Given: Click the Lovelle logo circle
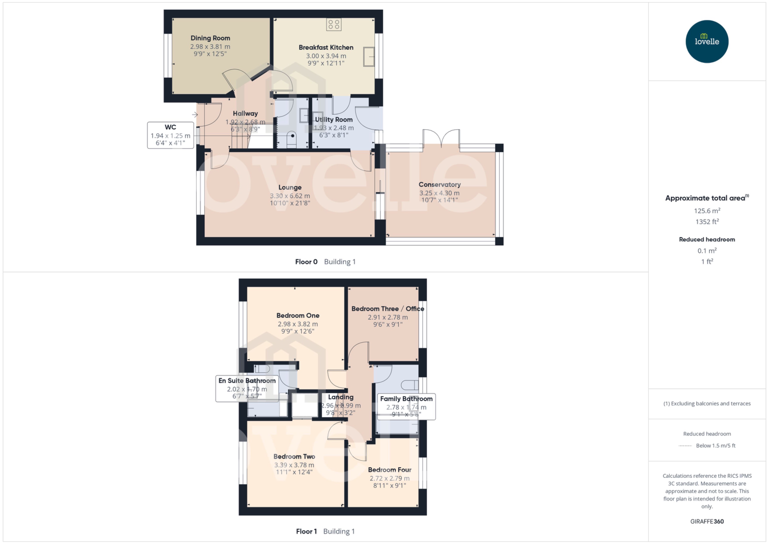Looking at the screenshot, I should [x=707, y=42].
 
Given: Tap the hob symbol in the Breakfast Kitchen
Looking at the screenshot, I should [x=334, y=24].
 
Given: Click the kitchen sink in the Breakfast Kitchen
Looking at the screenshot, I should [x=369, y=57].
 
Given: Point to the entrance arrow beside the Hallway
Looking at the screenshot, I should [x=195, y=115].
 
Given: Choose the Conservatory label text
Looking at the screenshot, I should [x=439, y=184].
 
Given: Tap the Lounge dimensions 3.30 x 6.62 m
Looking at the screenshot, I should [x=290, y=196].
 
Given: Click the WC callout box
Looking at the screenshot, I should [x=170, y=135].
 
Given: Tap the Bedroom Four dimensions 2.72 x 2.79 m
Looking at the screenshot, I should [x=389, y=478].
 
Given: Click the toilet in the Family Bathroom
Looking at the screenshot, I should [x=410, y=385].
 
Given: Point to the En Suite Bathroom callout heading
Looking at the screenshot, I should [x=247, y=381].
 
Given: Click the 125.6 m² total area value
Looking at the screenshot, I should [x=707, y=211].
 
